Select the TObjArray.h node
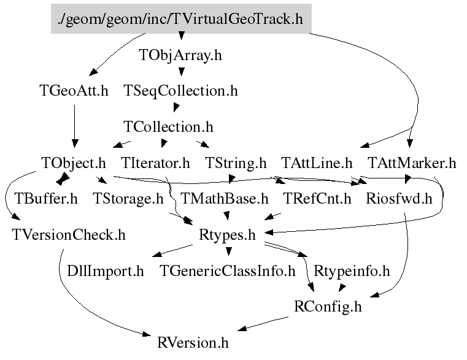(180, 55)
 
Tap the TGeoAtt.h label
(74, 91)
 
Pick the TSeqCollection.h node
(180, 91)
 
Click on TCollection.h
(168, 127)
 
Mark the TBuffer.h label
(46, 199)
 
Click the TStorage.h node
(128, 199)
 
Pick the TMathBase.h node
(225, 199)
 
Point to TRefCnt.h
(317, 199)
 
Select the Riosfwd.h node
(399, 199)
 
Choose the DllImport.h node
(106, 270)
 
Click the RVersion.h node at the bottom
(193, 342)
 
